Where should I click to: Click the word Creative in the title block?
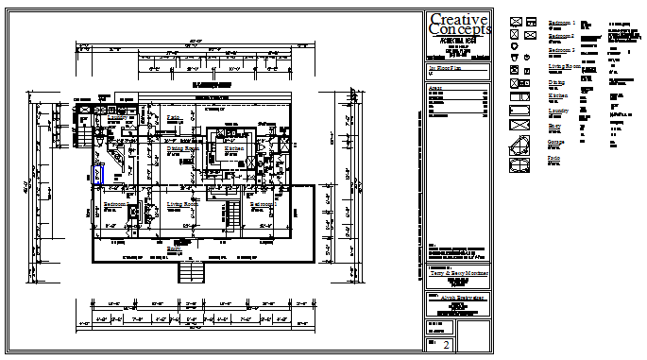tap(457, 20)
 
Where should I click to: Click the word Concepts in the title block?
tap(457, 31)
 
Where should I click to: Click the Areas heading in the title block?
tap(435, 88)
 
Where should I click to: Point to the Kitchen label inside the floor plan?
tap(232, 148)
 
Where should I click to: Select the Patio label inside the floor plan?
tap(174, 117)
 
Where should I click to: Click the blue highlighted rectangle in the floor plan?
tap(98, 175)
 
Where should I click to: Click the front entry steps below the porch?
tap(192, 273)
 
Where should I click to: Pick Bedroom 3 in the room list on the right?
tap(562, 50)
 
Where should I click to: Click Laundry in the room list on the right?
tap(560, 111)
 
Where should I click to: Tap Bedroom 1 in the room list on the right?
tap(562, 21)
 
